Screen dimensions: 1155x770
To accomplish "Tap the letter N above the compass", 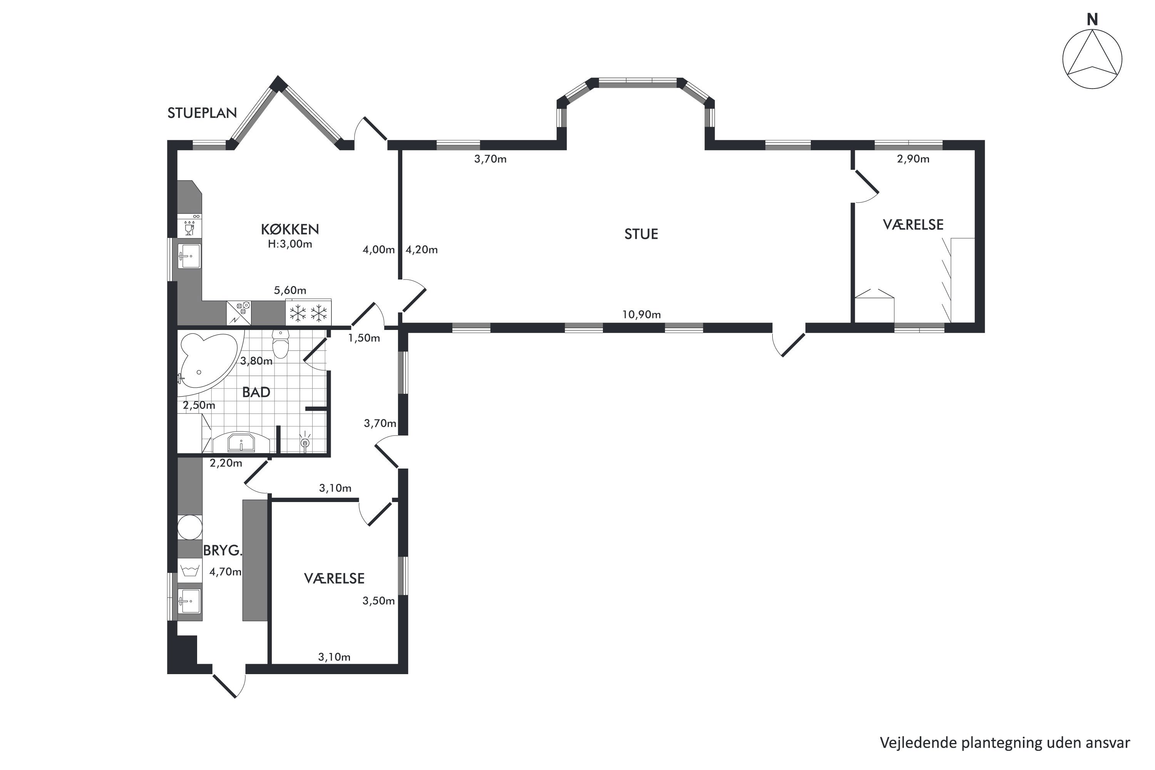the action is tap(1092, 20).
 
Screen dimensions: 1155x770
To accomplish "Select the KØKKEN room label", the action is tap(290, 229).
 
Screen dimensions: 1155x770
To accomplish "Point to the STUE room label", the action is tap(641, 234).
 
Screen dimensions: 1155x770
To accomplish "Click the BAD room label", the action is tap(256, 392).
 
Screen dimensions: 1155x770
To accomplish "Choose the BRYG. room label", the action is tap(223, 551).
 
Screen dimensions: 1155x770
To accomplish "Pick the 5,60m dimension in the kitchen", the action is tap(290, 290).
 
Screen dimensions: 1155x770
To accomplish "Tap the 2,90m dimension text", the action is tap(913, 159).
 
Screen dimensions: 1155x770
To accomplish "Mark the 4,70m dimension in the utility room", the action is tap(225, 572).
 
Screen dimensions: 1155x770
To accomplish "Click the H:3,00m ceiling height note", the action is tap(290, 244).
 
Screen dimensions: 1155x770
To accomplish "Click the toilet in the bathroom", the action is tap(280, 343).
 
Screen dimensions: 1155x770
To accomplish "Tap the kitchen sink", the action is tap(189, 256).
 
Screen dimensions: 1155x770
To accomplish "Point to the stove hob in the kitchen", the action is tap(239, 312).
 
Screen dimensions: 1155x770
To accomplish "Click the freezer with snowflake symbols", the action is tap(308, 312).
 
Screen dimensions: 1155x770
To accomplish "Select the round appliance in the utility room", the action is tap(189, 527).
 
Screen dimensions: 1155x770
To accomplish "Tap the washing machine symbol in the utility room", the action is tap(189, 571).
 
